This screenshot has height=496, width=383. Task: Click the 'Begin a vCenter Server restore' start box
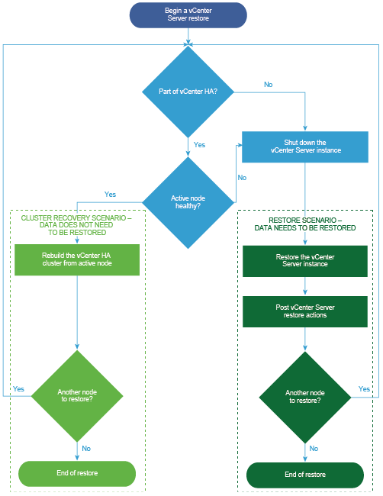(x=188, y=14)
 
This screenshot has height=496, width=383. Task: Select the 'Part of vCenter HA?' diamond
(x=188, y=92)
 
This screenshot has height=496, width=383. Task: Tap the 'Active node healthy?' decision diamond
(x=188, y=202)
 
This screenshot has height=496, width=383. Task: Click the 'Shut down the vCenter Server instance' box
(x=305, y=147)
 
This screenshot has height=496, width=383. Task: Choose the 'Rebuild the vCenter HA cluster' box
(x=77, y=259)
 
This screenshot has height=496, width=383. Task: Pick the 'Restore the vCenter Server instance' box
(x=305, y=261)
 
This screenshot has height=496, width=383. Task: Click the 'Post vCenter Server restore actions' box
(x=305, y=311)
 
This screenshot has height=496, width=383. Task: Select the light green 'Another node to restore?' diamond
(x=77, y=396)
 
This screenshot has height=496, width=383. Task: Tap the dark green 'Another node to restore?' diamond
(x=305, y=397)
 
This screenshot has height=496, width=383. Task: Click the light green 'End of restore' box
(x=77, y=474)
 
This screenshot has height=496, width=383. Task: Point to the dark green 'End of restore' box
(x=305, y=475)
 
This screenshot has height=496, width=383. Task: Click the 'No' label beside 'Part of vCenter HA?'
(x=269, y=85)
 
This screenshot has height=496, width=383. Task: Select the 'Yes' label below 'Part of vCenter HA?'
(x=199, y=144)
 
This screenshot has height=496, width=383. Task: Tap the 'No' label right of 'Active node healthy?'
(x=242, y=178)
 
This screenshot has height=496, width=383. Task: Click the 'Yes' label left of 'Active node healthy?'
(x=110, y=195)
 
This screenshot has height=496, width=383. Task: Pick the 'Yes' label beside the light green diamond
(x=18, y=388)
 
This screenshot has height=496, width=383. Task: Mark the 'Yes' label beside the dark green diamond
(x=364, y=388)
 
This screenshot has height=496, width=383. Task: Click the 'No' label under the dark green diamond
(x=314, y=448)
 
